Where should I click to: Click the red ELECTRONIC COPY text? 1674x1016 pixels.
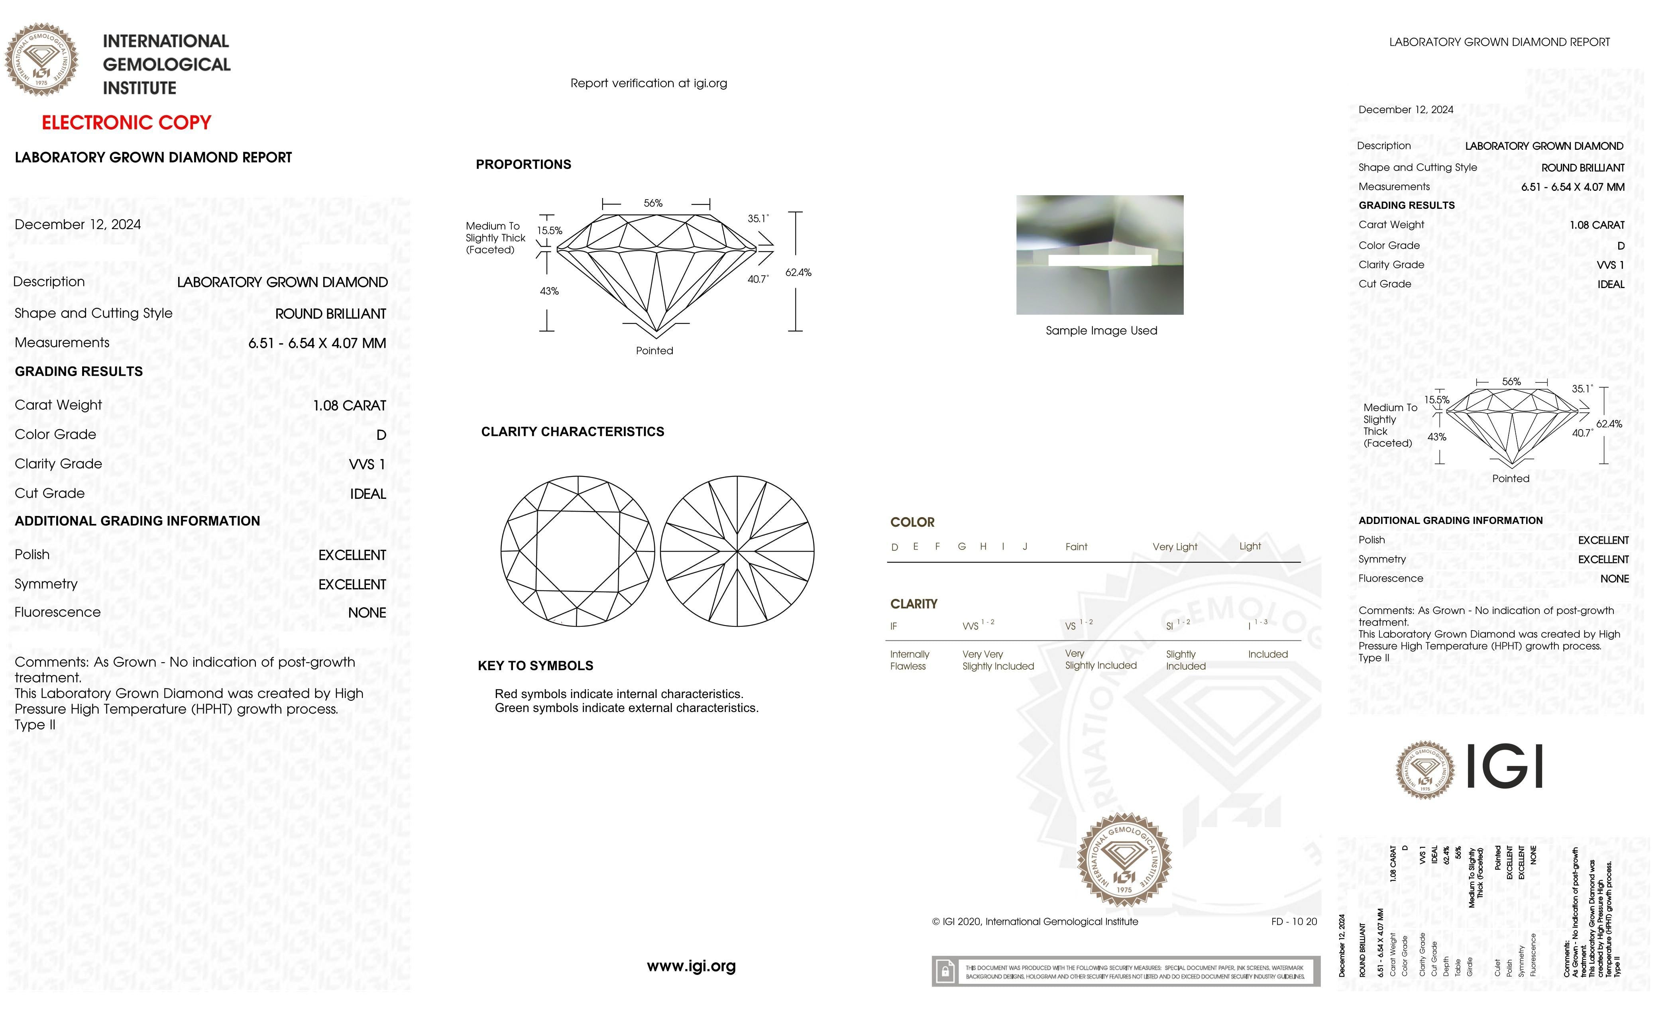click(x=126, y=123)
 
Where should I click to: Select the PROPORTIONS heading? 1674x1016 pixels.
click(x=523, y=164)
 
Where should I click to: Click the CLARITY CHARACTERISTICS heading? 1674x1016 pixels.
click(x=572, y=432)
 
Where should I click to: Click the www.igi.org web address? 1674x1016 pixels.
click(x=691, y=966)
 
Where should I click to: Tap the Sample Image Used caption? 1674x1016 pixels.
click(x=1100, y=331)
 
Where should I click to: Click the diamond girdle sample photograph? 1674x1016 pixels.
click(x=1099, y=255)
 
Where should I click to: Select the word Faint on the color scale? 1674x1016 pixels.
click(x=1076, y=547)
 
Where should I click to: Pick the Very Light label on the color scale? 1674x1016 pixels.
click(x=1175, y=547)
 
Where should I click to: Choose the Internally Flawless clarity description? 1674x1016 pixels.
click(x=909, y=660)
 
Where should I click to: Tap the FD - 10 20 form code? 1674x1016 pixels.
click(x=1293, y=922)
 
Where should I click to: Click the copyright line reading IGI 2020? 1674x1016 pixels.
click(x=1035, y=922)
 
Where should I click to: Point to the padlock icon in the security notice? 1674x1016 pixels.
click(x=944, y=971)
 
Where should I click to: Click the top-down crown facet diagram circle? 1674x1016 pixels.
click(x=578, y=551)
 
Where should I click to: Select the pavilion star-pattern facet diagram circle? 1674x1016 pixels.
click(x=737, y=551)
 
